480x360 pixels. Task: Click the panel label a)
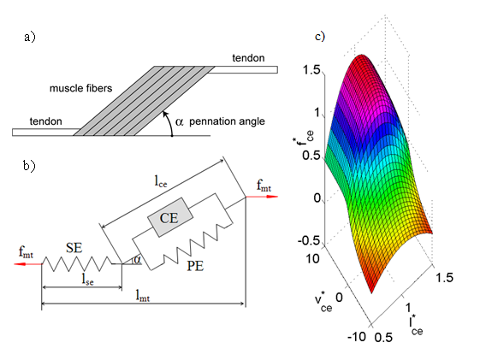[30, 37]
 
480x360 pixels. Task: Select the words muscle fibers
[80, 88]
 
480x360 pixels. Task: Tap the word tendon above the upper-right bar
[248, 58]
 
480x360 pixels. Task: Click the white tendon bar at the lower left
[45, 133]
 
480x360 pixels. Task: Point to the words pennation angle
[227, 121]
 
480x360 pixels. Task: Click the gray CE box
[170, 217]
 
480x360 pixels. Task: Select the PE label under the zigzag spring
[195, 266]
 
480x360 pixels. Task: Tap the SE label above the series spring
[74, 247]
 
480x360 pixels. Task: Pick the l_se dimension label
[87, 279]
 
